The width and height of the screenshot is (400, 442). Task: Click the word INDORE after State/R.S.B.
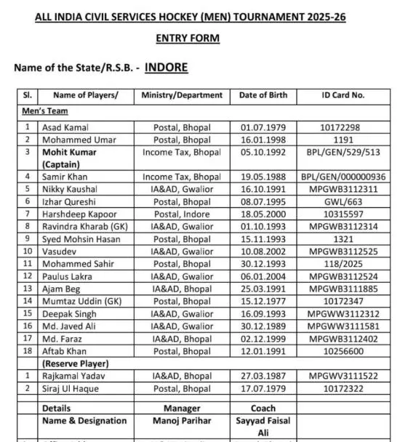click(166, 68)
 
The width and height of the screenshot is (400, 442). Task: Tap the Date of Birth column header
click(263, 95)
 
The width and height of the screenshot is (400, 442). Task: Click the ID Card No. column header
click(343, 95)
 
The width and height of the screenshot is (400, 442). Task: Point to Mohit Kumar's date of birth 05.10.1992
click(263, 153)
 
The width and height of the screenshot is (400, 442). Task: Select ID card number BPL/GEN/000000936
click(343, 177)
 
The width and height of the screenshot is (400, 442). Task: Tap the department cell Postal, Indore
click(182, 214)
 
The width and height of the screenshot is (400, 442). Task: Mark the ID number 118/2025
click(343, 264)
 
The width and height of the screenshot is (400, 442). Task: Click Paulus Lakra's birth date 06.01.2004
click(263, 276)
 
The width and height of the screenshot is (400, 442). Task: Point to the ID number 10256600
click(343, 350)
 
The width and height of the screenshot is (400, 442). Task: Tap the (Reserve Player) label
click(76, 363)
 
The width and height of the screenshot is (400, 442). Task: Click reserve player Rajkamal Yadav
click(71, 377)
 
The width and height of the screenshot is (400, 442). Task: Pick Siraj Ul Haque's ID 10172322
click(343, 389)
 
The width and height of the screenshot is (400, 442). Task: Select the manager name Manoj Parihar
click(182, 421)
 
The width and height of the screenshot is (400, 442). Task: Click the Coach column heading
click(263, 409)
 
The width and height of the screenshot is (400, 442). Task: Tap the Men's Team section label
click(45, 112)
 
